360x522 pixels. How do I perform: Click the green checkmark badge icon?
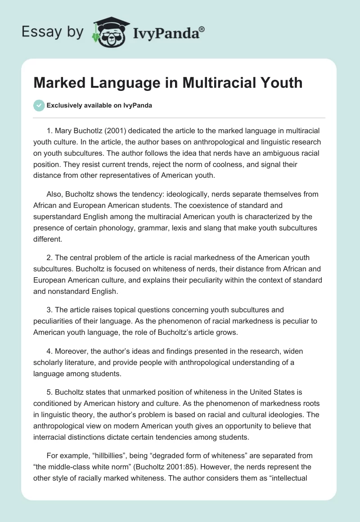point(39,105)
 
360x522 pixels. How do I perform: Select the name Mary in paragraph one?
point(63,131)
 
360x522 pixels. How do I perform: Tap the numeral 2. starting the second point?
point(49,257)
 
